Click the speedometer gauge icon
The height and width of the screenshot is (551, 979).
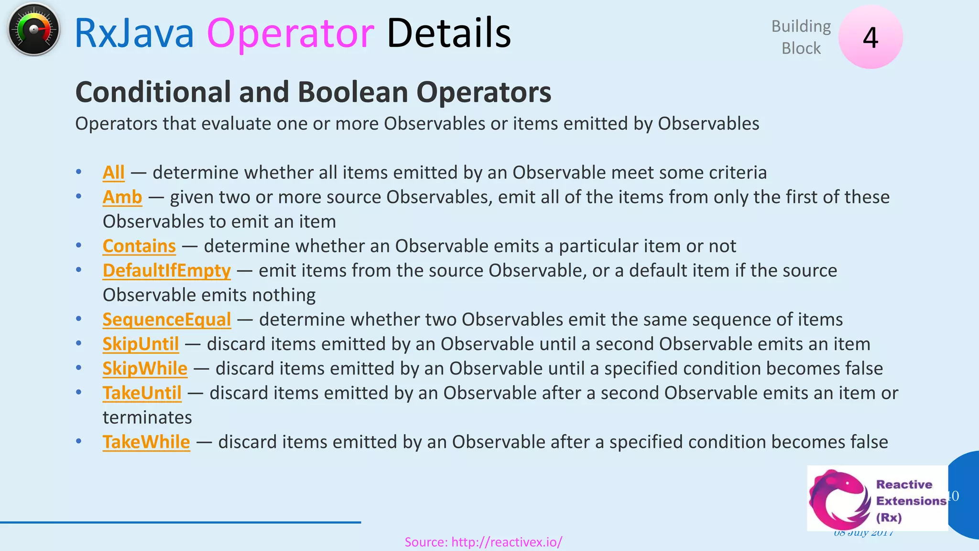point(33,30)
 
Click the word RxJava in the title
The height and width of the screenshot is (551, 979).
point(134,33)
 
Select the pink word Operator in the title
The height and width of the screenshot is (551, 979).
point(290,33)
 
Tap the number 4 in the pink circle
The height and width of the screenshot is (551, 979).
point(870,37)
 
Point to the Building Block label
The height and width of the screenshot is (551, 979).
point(801,37)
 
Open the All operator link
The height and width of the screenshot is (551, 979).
point(113,173)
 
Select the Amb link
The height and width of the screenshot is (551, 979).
point(122,197)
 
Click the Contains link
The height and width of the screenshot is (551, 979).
point(139,246)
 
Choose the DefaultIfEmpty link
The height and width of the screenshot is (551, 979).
point(166,271)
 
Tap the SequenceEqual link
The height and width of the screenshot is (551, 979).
point(166,320)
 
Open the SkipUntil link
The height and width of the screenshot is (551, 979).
point(141,344)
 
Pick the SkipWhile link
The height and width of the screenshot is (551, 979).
point(145,368)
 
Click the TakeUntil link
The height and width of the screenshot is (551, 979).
point(142,393)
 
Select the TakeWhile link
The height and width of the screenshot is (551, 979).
point(146,442)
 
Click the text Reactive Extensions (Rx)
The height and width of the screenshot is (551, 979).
point(911,501)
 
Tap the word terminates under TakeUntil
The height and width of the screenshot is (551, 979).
point(147,418)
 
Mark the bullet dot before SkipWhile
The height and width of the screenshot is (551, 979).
point(78,368)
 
